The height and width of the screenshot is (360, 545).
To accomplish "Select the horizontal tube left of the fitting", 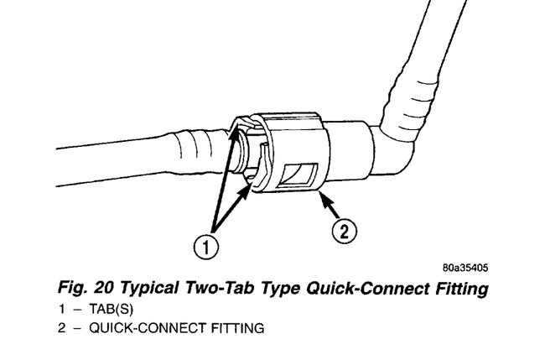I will point(126,151).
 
